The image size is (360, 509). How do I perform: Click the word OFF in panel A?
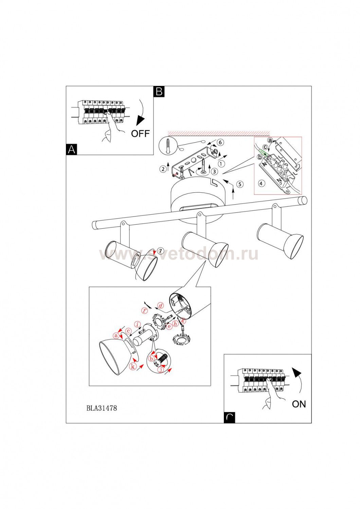tap(140, 133)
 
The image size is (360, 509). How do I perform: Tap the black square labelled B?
tap(159, 92)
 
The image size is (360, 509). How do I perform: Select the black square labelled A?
tap(71, 150)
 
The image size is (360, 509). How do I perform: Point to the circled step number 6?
tap(220, 143)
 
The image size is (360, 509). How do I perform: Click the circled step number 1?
tap(221, 163)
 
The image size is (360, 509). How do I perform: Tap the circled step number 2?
tap(163, 169)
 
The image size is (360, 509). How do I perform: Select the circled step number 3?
tap(214, 171)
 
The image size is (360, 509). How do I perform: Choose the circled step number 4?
tap(261, 183)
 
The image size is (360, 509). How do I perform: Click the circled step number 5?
tap(240, 184)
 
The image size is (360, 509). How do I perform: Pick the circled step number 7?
tap(160, 251)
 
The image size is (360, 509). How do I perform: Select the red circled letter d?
tap(161, 306)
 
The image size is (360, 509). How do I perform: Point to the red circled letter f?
tap(145, 310)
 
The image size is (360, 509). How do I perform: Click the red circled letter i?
tap(137, 324)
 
